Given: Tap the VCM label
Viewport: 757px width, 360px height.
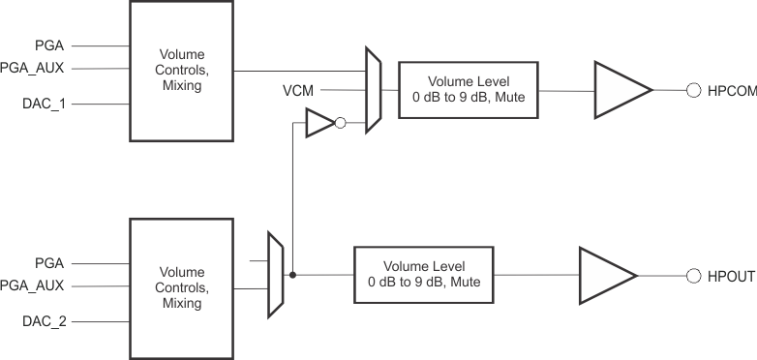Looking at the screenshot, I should pyautogui.click(x=298, y=90).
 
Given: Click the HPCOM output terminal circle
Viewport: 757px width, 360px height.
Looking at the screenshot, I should pyautogui.click(x=693, y=90).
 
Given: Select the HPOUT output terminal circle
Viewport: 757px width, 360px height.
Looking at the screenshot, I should pyautogui.click(x=693, y=276).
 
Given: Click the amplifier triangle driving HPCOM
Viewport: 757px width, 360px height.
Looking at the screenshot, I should pyautogui.click(x=619, y=90).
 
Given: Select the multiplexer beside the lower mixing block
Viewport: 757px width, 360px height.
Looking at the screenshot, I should pyautogui.click(x=275, y=275).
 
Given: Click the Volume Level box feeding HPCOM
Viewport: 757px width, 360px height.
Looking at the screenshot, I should pyautogui.click(x=469, y=90).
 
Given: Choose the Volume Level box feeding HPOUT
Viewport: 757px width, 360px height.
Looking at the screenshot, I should pyautogui.click(x=424, y=275).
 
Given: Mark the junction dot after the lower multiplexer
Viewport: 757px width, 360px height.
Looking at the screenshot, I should pyautogui.click(x=293, y=276).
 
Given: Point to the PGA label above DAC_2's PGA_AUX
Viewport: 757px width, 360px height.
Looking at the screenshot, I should pyautogui.click(x=48, y=263).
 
